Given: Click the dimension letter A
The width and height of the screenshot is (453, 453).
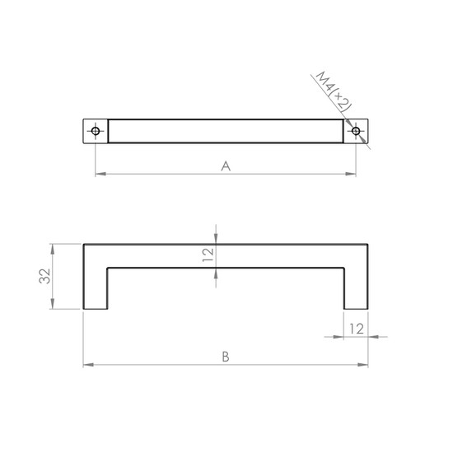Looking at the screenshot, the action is pyautogui.click(x=226, y=166).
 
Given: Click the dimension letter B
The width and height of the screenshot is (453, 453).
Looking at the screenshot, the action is pyautogui.click(x=226, y=357).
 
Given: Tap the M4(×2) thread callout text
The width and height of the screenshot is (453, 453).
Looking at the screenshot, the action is pyautogui.click(x=334, y=91).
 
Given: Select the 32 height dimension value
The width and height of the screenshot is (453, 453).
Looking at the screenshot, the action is pyautogui.click(x=44, y=276).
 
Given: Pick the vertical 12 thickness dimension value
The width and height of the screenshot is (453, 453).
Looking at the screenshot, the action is pyautogui.click(x=208, y=255).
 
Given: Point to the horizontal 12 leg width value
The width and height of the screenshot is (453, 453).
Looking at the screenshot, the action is pyautogui.click(x=357, y=329).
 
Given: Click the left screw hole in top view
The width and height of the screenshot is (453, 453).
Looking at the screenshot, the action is pyautogui.click(x=96, y=131).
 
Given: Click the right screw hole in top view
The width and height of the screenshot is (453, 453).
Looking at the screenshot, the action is pyautogui.click(x=356, y=131).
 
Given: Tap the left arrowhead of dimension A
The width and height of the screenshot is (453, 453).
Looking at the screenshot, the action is pyautogui.click(x=100, y=174).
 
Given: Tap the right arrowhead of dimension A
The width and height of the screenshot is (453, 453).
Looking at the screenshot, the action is pyautogui.click(x=351, y=174).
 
